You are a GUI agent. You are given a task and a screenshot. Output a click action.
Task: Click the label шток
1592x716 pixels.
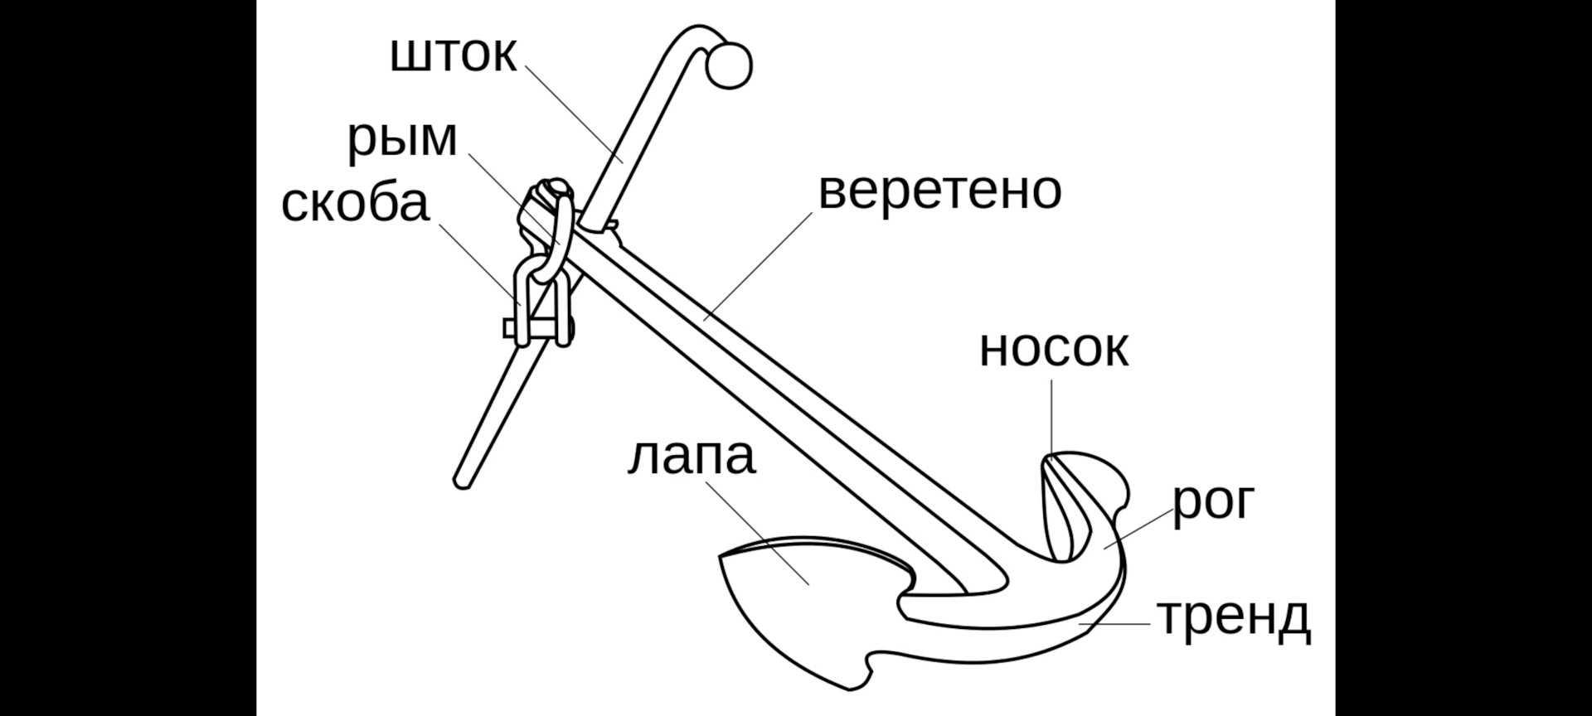pyautogui.click(x=454, y=55)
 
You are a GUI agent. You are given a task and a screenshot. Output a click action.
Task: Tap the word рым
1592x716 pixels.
pyautogui.click(x=402, y=139)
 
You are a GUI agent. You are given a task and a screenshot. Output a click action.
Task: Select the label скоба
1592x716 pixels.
pyautogui.click(x=356, y=203)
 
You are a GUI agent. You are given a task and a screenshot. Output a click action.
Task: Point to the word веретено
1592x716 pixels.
pyautogui.click(x=939, y=191)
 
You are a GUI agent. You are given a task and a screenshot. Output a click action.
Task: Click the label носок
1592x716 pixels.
pyautogui.click(x=1053, y=349)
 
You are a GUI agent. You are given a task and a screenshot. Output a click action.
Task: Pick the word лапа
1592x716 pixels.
pyautogui.click(x=692, y=457)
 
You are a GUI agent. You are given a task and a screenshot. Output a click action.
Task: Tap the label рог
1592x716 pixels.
pyautogui.click(x=1213, y=501)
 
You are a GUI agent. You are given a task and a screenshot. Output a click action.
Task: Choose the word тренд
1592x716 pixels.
pyautogui.click(x=1234, y=617)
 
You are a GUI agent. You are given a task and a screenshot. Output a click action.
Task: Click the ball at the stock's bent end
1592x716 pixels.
pyautogui.click(x=729, y=65)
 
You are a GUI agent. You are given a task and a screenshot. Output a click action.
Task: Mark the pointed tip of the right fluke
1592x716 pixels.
pyautogui.click(x=1051, y=458)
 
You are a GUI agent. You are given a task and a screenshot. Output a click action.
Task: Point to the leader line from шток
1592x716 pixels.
pyautogui.click(x=574, y=114)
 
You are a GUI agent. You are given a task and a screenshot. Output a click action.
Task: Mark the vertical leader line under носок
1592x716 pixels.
pyautogui.click(x=1051, y=414)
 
